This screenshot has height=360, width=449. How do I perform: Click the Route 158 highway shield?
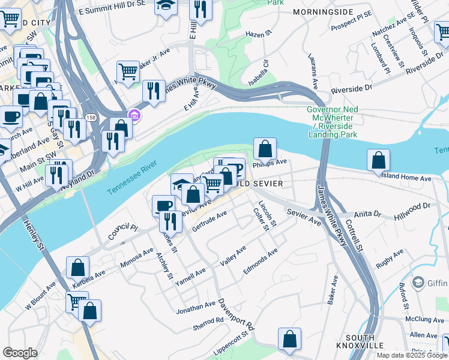(x=90, y=118)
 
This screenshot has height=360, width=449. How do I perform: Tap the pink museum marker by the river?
(x=134, y=115)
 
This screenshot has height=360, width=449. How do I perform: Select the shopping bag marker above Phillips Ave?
(x=265, y=148)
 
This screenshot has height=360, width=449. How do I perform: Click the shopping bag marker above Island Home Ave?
(x=378, y=160)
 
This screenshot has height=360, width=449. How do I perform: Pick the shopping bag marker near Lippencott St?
(x=290, y=339)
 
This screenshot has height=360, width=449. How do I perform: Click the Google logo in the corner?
(x=20, y=352)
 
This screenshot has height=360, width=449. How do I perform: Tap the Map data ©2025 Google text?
(x=411, y=355)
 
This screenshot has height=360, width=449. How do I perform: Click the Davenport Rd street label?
(x=237, y=315)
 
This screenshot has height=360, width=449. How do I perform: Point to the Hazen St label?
(x=259, y=35)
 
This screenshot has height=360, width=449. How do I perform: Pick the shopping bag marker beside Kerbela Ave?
(x=78, y=268)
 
